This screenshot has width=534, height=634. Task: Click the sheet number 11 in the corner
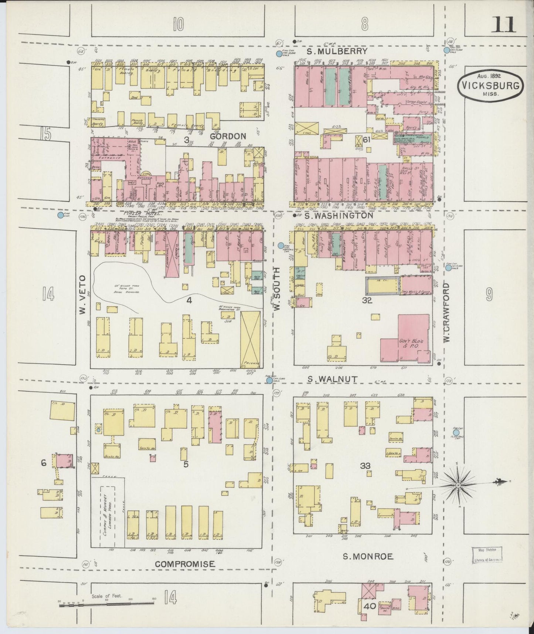pos(503,25)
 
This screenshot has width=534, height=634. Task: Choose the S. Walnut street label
pos(333,379)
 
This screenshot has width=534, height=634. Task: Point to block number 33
pos(365,466)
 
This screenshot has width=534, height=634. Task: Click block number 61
pos(366,140)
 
